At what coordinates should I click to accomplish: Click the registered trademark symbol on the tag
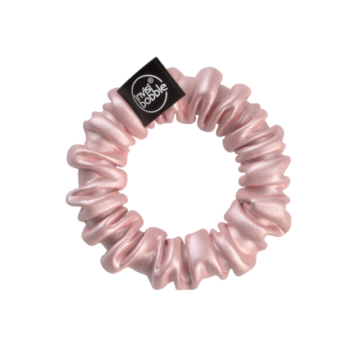pos(150,80)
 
